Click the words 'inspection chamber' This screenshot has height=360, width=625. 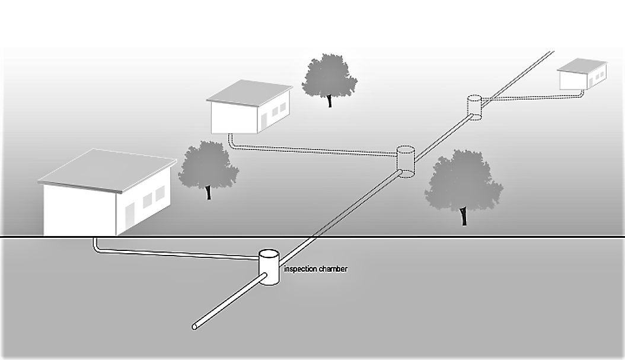point(315,269)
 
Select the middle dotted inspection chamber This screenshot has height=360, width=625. point(406,161)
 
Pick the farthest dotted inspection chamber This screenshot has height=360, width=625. point(474,107)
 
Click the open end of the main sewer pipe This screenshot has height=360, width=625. point(194,326)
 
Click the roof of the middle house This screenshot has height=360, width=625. point(250,93)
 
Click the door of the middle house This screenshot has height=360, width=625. point(264,120)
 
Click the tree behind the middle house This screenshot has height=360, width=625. point(329,77)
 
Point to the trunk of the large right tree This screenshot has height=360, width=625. point(464,216)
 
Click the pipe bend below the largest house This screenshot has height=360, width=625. point(95,247)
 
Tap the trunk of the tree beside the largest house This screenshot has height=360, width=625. point(208,192)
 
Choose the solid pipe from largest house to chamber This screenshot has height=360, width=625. point(178,253)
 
